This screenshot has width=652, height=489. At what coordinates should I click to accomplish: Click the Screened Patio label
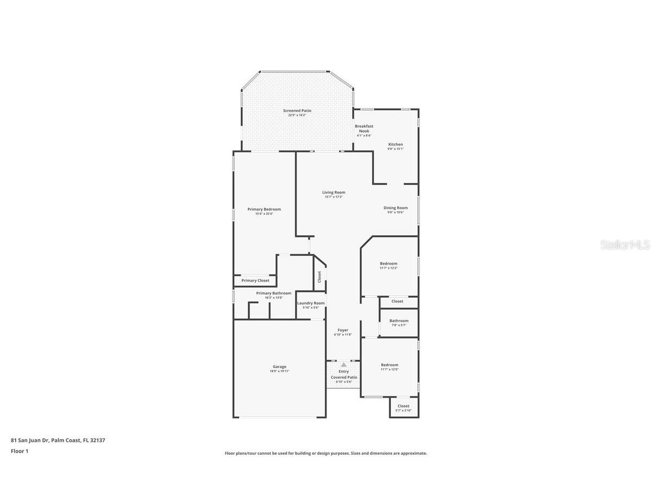(297, 111)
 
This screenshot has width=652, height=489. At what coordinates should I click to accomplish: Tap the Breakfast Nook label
(364, 128)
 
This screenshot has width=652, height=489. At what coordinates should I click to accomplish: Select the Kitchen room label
(396, 145)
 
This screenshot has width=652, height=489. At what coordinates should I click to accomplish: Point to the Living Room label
(334, 192)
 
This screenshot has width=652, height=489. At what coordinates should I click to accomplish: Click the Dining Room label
(396, 208)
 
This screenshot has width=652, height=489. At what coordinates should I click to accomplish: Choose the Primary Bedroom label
(264, 209)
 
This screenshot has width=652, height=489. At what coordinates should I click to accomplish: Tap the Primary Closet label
(255, 280)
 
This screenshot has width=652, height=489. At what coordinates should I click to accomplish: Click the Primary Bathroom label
(274, 293)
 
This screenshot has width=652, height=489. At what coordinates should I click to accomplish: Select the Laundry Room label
(311, 303)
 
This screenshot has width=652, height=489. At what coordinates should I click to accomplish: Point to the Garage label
(279, 367)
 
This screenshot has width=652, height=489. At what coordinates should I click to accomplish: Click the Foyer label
(343, 330)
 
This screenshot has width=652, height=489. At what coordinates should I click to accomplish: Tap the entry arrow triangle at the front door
(343, 365)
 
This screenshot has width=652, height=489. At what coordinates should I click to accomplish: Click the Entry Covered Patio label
(344, 374)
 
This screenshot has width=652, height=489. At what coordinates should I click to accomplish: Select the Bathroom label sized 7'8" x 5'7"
(399, 321)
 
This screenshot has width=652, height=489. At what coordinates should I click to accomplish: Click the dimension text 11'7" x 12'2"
(388, 268)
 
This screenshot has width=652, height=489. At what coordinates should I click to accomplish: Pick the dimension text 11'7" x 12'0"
(390, 369)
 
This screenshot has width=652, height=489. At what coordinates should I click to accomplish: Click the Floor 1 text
(20, 451)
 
